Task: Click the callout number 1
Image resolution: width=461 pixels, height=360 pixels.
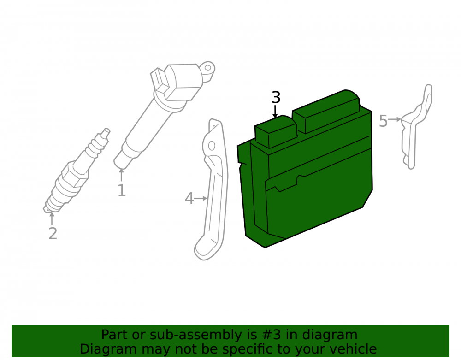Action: [122, 190]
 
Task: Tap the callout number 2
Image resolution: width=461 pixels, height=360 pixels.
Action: [53, 234]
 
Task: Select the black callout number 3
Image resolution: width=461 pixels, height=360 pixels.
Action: [276, 98]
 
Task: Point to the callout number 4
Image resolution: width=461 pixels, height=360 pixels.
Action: [189, 198]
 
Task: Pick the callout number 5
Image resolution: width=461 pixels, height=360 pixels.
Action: [384, 121]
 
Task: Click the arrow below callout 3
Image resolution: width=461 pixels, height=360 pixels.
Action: [275, 112]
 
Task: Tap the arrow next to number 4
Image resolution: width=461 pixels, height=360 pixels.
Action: [201, 198]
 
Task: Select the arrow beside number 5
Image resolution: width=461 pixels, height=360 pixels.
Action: [395, 119]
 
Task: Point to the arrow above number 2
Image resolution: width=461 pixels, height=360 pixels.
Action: [52, 218]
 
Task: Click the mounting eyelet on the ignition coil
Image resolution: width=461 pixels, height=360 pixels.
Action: [208, 68]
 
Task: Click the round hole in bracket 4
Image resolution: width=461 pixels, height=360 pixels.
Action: [212, 146]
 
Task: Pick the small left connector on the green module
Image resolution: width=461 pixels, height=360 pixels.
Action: [276, 132]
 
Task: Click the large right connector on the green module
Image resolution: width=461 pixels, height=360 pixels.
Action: [326, 112]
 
